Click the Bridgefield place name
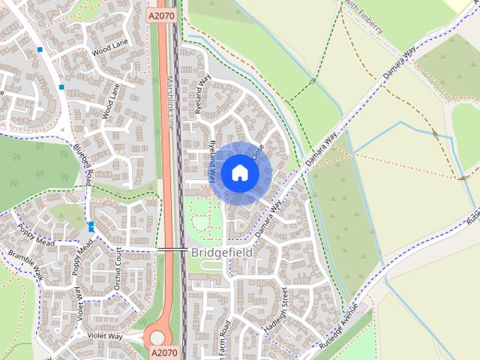[x=221, y=253]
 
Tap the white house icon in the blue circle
[x=239, y=172]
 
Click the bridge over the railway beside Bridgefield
[x=172, y=248]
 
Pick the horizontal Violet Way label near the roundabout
[x=104, y=335]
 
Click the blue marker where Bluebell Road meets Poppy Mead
[x=91, y=226]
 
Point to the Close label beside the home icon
[x=259, y=152]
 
